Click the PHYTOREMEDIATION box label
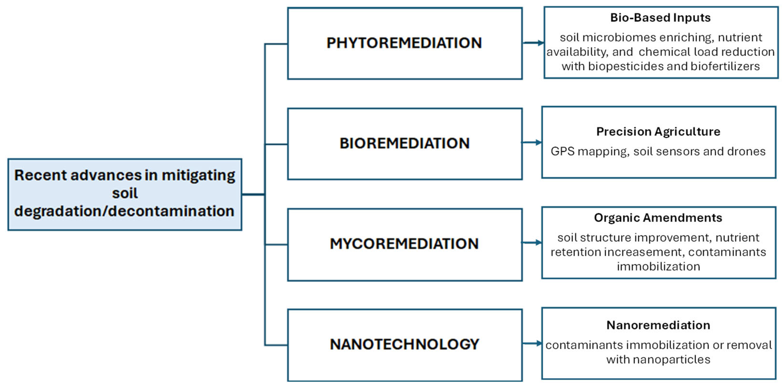404,43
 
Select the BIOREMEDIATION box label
404,143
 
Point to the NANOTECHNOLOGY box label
404,344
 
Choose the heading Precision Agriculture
658,132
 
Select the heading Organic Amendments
658,218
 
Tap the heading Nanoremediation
658,325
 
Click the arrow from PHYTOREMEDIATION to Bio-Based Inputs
533,43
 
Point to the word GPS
563,151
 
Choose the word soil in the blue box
125,193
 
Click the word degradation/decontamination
124,211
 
